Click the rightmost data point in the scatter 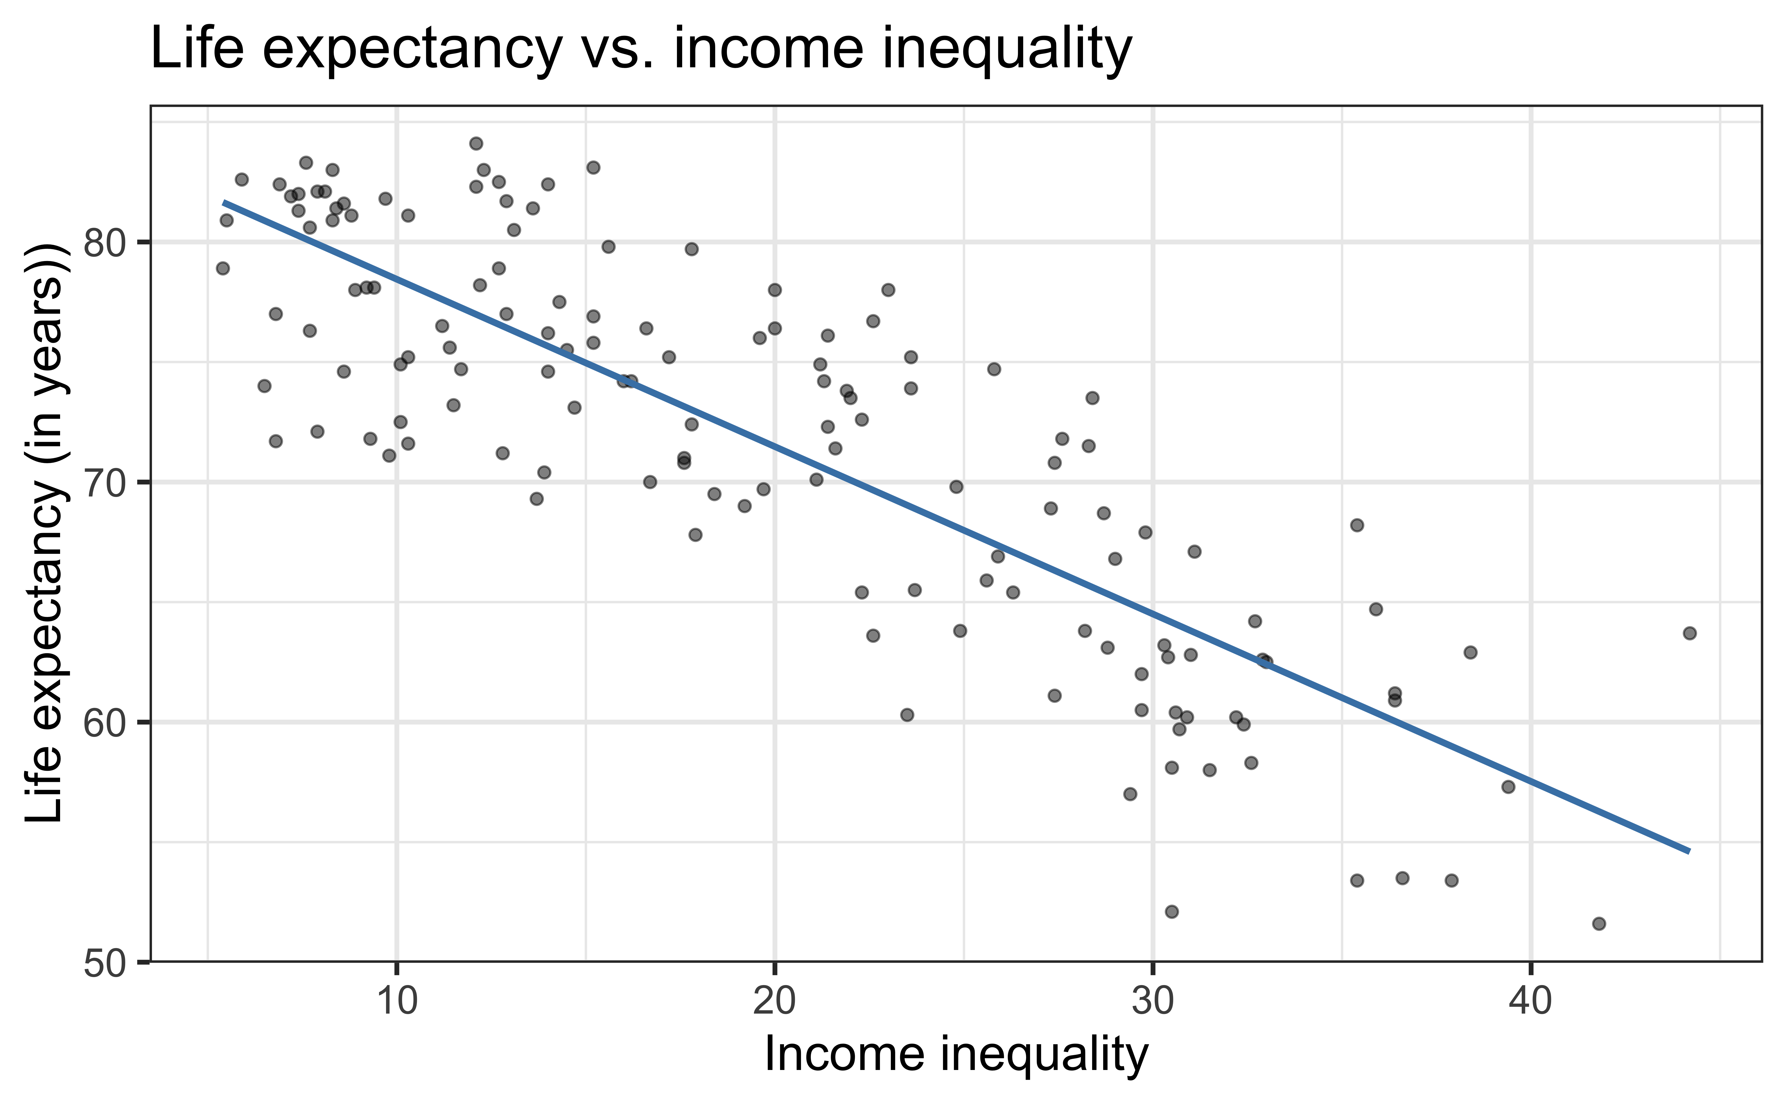point(1689,633)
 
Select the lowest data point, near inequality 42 point(1599,924)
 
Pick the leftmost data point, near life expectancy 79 point(223,268)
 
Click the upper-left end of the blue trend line point(225,202)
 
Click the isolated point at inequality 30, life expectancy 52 point(1171,911)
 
